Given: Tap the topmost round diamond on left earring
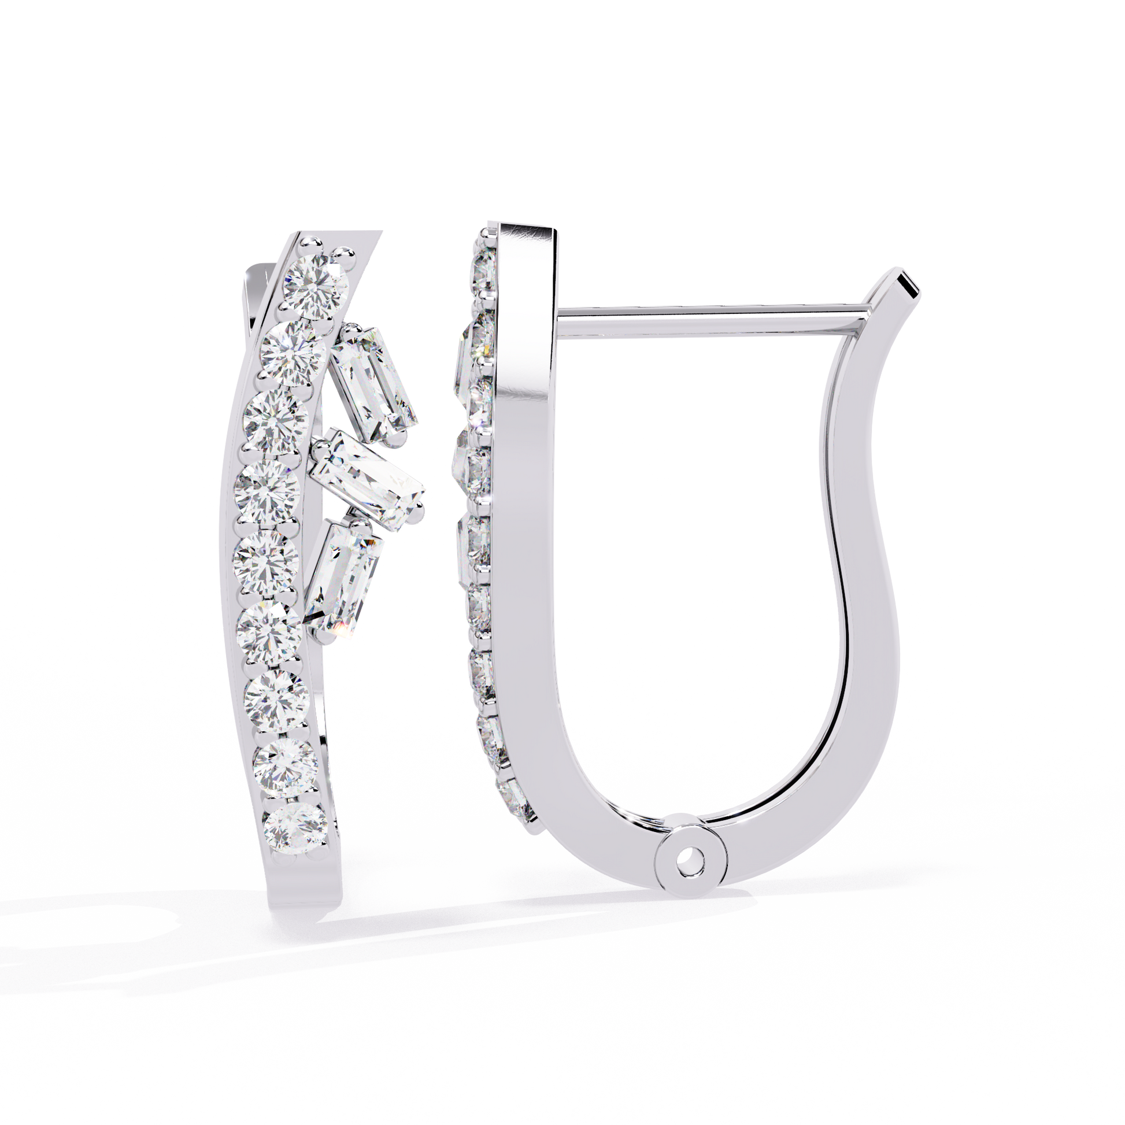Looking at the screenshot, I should click(x=316, y=284).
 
